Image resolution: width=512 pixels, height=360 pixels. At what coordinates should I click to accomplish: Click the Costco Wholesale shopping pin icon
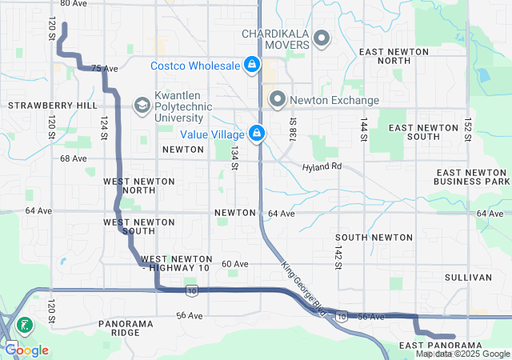click(x=252, y=64)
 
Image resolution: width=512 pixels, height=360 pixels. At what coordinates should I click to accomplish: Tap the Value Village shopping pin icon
click(x=257, y=134)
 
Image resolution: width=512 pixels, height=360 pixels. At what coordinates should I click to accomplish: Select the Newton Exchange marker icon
click(x=278, y=99)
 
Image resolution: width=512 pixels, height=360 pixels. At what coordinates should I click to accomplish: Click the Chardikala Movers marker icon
click(x=322, y=38)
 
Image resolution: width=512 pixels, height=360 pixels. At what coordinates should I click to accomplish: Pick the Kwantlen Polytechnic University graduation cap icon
click(x=142, y=104)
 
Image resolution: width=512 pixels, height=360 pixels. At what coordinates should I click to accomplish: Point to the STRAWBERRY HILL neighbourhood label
click(x=52, y=105)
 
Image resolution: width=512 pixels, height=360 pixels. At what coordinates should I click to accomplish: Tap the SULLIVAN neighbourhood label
click(x=468, y=277)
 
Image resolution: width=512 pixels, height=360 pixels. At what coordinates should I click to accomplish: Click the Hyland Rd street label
click(x=322, y=167)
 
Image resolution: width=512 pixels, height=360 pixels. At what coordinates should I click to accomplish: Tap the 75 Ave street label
click(x=100, y=69)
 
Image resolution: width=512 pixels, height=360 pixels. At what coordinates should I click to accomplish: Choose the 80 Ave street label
click(x=74, y=4)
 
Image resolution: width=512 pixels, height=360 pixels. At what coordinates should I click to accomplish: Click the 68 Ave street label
click(x=73, y=158)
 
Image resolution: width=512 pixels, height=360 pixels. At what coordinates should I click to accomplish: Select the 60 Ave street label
click(x=234, y=263)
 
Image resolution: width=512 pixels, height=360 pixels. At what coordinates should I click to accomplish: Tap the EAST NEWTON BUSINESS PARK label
click(x=471, y=177)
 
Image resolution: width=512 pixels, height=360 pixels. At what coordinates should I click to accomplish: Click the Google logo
click(x=26, y=350)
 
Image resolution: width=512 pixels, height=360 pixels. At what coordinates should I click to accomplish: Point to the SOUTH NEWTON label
click(x=374, y=238)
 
